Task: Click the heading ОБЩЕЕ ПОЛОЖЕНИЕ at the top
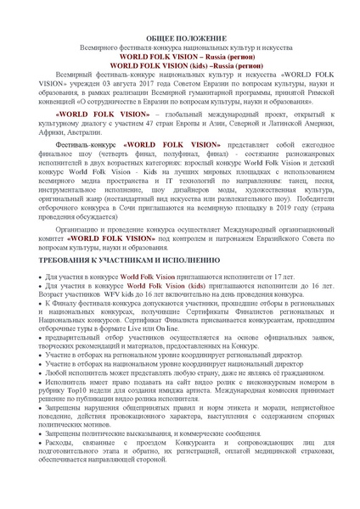point(179,40)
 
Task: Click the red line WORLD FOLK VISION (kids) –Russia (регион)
point(179,64)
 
